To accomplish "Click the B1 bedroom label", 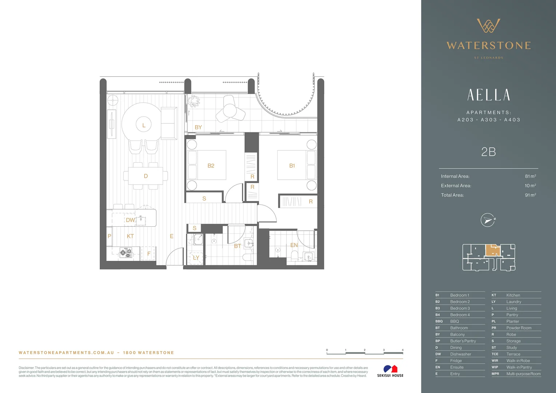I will [x=292, y=166].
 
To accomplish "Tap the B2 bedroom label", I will [x=211, y=166].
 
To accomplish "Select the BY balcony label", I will [x=198, y=127].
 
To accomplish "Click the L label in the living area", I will [x=144, y=125].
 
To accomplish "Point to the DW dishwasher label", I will [x=130, y=220].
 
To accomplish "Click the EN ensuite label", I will [x=294, y=245].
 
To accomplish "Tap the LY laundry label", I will [x=196, y=258].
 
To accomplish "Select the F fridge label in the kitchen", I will [x=148, y=254].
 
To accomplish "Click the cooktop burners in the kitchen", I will [x=126, y=253].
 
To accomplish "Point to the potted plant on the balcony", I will [x=193, y=101].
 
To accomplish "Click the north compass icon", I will [x=488, y=220].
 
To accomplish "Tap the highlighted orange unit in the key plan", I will [x=493, y=250].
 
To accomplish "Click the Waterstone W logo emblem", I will [x=488, y=25].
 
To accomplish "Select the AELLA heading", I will [x=488, y=95].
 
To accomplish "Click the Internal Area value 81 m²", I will [x=530, y=176].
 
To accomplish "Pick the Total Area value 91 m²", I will [x=530, y=195].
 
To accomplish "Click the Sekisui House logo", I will [x=390, y=371].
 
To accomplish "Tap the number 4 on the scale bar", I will [x=402, y=350].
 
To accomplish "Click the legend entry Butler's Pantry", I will [x=463, y=341].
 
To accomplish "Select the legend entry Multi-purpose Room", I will [x=523, y=374].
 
